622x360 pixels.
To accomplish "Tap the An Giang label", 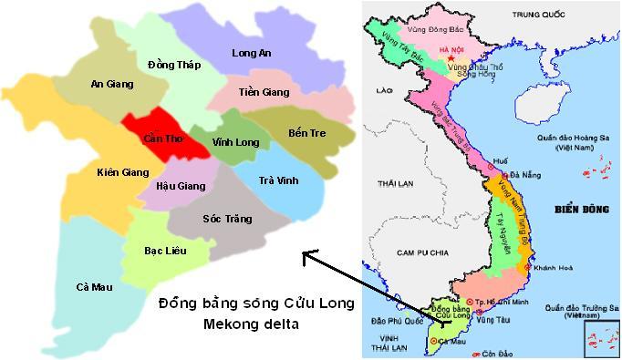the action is tap(112, 84).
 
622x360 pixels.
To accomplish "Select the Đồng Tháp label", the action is tap(172, 65).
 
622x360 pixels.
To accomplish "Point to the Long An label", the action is tap(252, 54).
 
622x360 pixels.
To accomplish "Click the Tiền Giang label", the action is tap(264, 92).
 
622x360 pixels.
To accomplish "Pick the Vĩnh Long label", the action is tap(235, 142).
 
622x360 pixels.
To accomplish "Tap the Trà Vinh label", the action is tap(278, 180).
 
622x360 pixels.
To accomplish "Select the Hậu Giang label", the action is tap(181, 186).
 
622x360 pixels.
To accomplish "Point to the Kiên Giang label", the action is tap(122, 171).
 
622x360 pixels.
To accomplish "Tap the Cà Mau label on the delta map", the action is tap(95, 287).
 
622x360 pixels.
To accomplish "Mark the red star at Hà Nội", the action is tap(449, 54).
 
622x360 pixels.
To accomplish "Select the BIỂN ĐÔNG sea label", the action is tap(581, 210).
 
